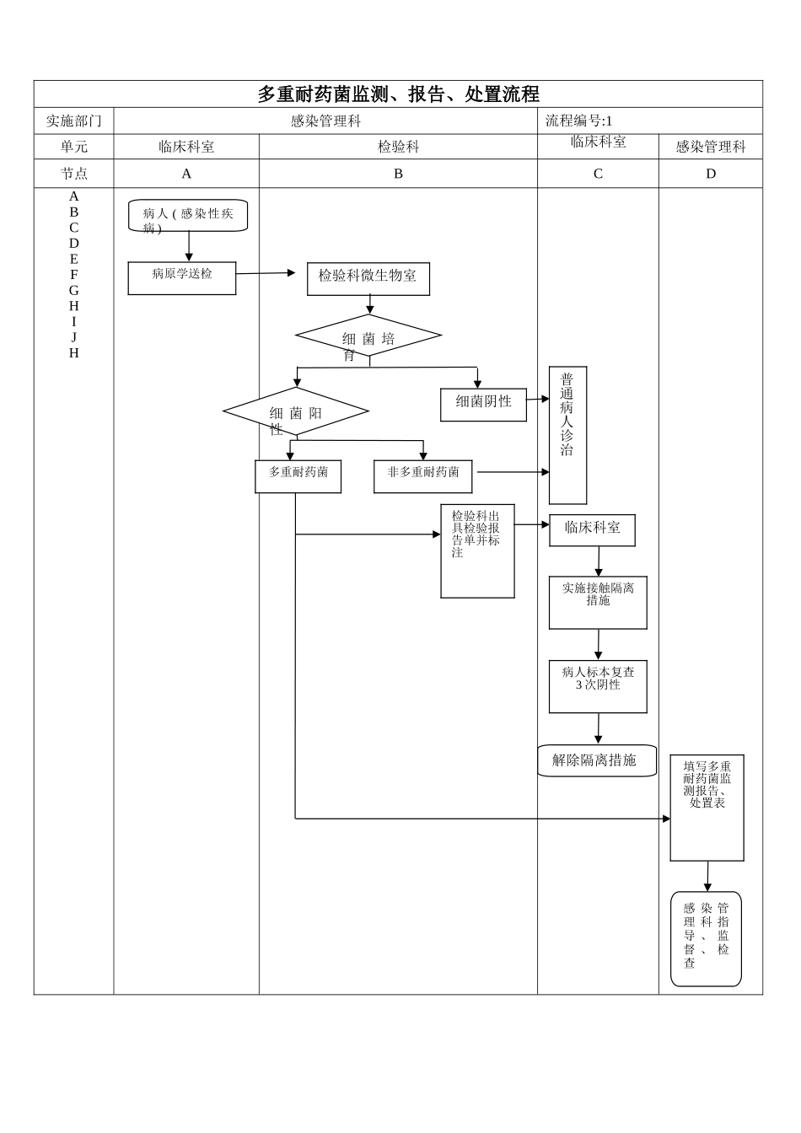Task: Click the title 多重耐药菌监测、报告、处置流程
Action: point(398,94)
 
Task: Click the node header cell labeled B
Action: point(398,174)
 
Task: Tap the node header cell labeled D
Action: point(710,174)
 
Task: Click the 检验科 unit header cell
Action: point(398,147)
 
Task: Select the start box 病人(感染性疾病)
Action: point(188,215)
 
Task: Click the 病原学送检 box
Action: point(182,277)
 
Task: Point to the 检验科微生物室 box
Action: point(368,278)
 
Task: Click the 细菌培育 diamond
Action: point(368,336)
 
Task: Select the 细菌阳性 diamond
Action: point(296,412)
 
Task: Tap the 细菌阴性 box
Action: point(483,405)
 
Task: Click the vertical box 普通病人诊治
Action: point(567,435)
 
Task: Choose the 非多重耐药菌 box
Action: point(422,476)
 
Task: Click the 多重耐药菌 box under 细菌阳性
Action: point(298,476)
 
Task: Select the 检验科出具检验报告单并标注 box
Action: point(477,550)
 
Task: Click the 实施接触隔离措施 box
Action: point(598,602)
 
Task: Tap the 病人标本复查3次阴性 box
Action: point(598,686)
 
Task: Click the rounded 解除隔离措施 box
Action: point(597,760)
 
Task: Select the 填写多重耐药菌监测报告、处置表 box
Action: point(707,807)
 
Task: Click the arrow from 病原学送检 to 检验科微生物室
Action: point(266,273)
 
